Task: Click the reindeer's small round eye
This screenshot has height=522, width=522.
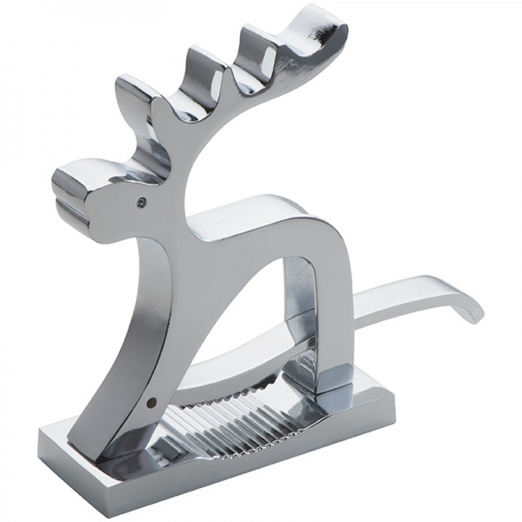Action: click(x=141, y=202)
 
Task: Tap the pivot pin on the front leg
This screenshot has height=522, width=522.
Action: click(x=153, y=403)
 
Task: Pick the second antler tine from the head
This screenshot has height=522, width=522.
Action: click(x=202, y=65)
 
